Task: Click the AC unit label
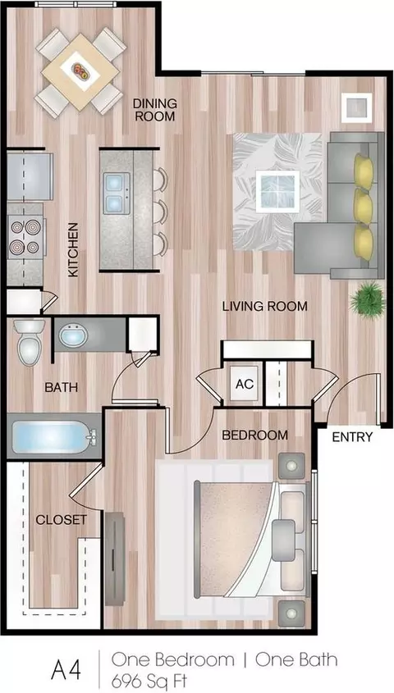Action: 245,384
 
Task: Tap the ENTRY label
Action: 352,437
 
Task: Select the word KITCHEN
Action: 73,249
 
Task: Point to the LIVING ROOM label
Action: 265,306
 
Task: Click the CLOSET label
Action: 61,520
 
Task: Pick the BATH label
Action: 62,388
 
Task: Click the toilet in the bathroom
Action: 30,343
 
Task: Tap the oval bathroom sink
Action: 73,336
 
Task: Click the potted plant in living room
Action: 367,299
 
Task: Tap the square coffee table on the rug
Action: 277,191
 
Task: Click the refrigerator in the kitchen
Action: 30,176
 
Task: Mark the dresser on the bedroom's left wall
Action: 115,559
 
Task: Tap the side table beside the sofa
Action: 356,107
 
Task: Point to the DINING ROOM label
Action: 155,110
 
